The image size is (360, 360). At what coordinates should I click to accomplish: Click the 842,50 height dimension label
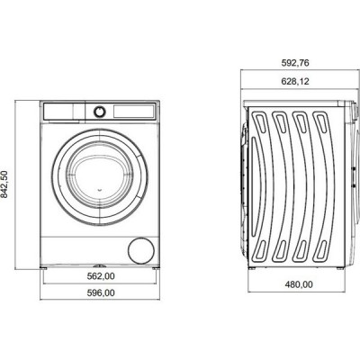tap(4, 184)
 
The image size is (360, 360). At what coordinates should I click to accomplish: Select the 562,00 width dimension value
tap(101, 276)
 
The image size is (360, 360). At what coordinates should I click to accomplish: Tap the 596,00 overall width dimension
tap(101, 292)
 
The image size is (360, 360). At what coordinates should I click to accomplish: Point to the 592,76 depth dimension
tap(295, 63)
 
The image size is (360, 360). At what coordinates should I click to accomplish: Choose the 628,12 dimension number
tap(295, 81)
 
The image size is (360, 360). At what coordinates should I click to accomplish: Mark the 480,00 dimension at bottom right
tap(299, 284)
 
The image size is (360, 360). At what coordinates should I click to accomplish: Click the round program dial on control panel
tap(100, 112)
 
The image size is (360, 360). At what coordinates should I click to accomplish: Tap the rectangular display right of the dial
tap(133, 112)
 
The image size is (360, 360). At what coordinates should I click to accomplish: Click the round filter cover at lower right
tap(141, 251)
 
